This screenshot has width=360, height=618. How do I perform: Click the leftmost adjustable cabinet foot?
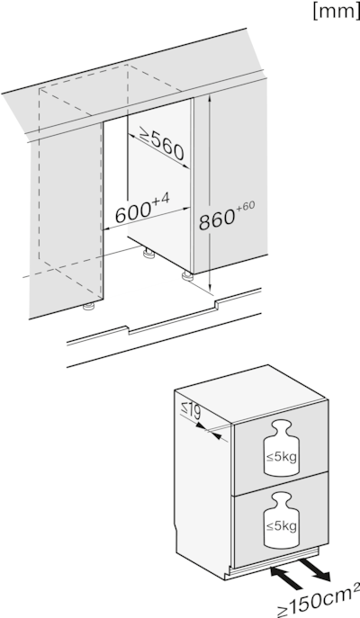coord(88,308)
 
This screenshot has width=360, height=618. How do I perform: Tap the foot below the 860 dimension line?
coord(188,276)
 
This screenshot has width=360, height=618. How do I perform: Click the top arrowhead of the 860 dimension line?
coord(209,101)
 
